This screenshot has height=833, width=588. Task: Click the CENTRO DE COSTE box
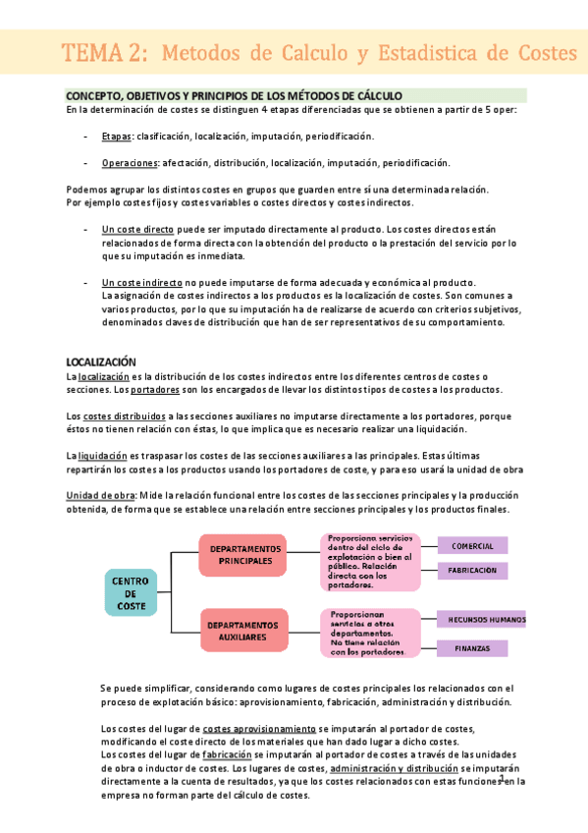tap(132, 593)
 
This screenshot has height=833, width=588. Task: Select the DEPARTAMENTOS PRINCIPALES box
tap(244, 554)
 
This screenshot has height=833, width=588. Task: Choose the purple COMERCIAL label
tap(472, 545)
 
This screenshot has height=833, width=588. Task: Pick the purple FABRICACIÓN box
tap(472, 570)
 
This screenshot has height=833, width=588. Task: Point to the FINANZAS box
tap(472, 648)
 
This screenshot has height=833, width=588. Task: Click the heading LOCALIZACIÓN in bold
tap(100, 361)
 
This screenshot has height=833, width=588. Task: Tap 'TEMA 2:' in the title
tap(105, 53)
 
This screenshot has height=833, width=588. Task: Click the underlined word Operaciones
tap(130, 162)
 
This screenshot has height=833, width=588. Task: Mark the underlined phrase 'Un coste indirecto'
tap(142, 283)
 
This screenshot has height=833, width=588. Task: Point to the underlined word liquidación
tap(102, 456)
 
